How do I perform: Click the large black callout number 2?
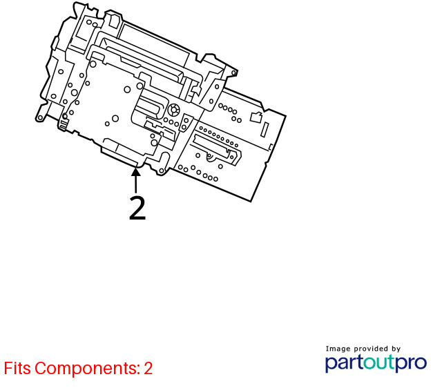(137, 208)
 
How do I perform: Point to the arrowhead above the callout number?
(136, 172)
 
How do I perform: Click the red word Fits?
(17, 368)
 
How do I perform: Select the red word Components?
(88, 369)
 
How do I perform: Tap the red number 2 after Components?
(148, 368)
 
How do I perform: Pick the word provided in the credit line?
(371, 349)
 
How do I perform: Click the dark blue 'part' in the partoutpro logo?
(344, 363)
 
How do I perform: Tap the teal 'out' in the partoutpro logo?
(379, 362)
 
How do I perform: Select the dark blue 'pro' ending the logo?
(411, 363)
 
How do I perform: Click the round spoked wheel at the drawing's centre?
(173, 109)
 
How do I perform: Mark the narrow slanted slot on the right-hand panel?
(265, 130)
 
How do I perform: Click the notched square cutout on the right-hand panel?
(256, 117)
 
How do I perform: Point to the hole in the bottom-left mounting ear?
(40, 118)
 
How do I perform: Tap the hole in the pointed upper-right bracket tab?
(233, 73)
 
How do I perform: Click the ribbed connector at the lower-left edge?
(64, 124)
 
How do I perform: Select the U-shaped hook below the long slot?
(210, 157)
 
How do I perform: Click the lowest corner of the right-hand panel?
(251, 202)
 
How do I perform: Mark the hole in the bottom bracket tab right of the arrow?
(162, 171)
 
